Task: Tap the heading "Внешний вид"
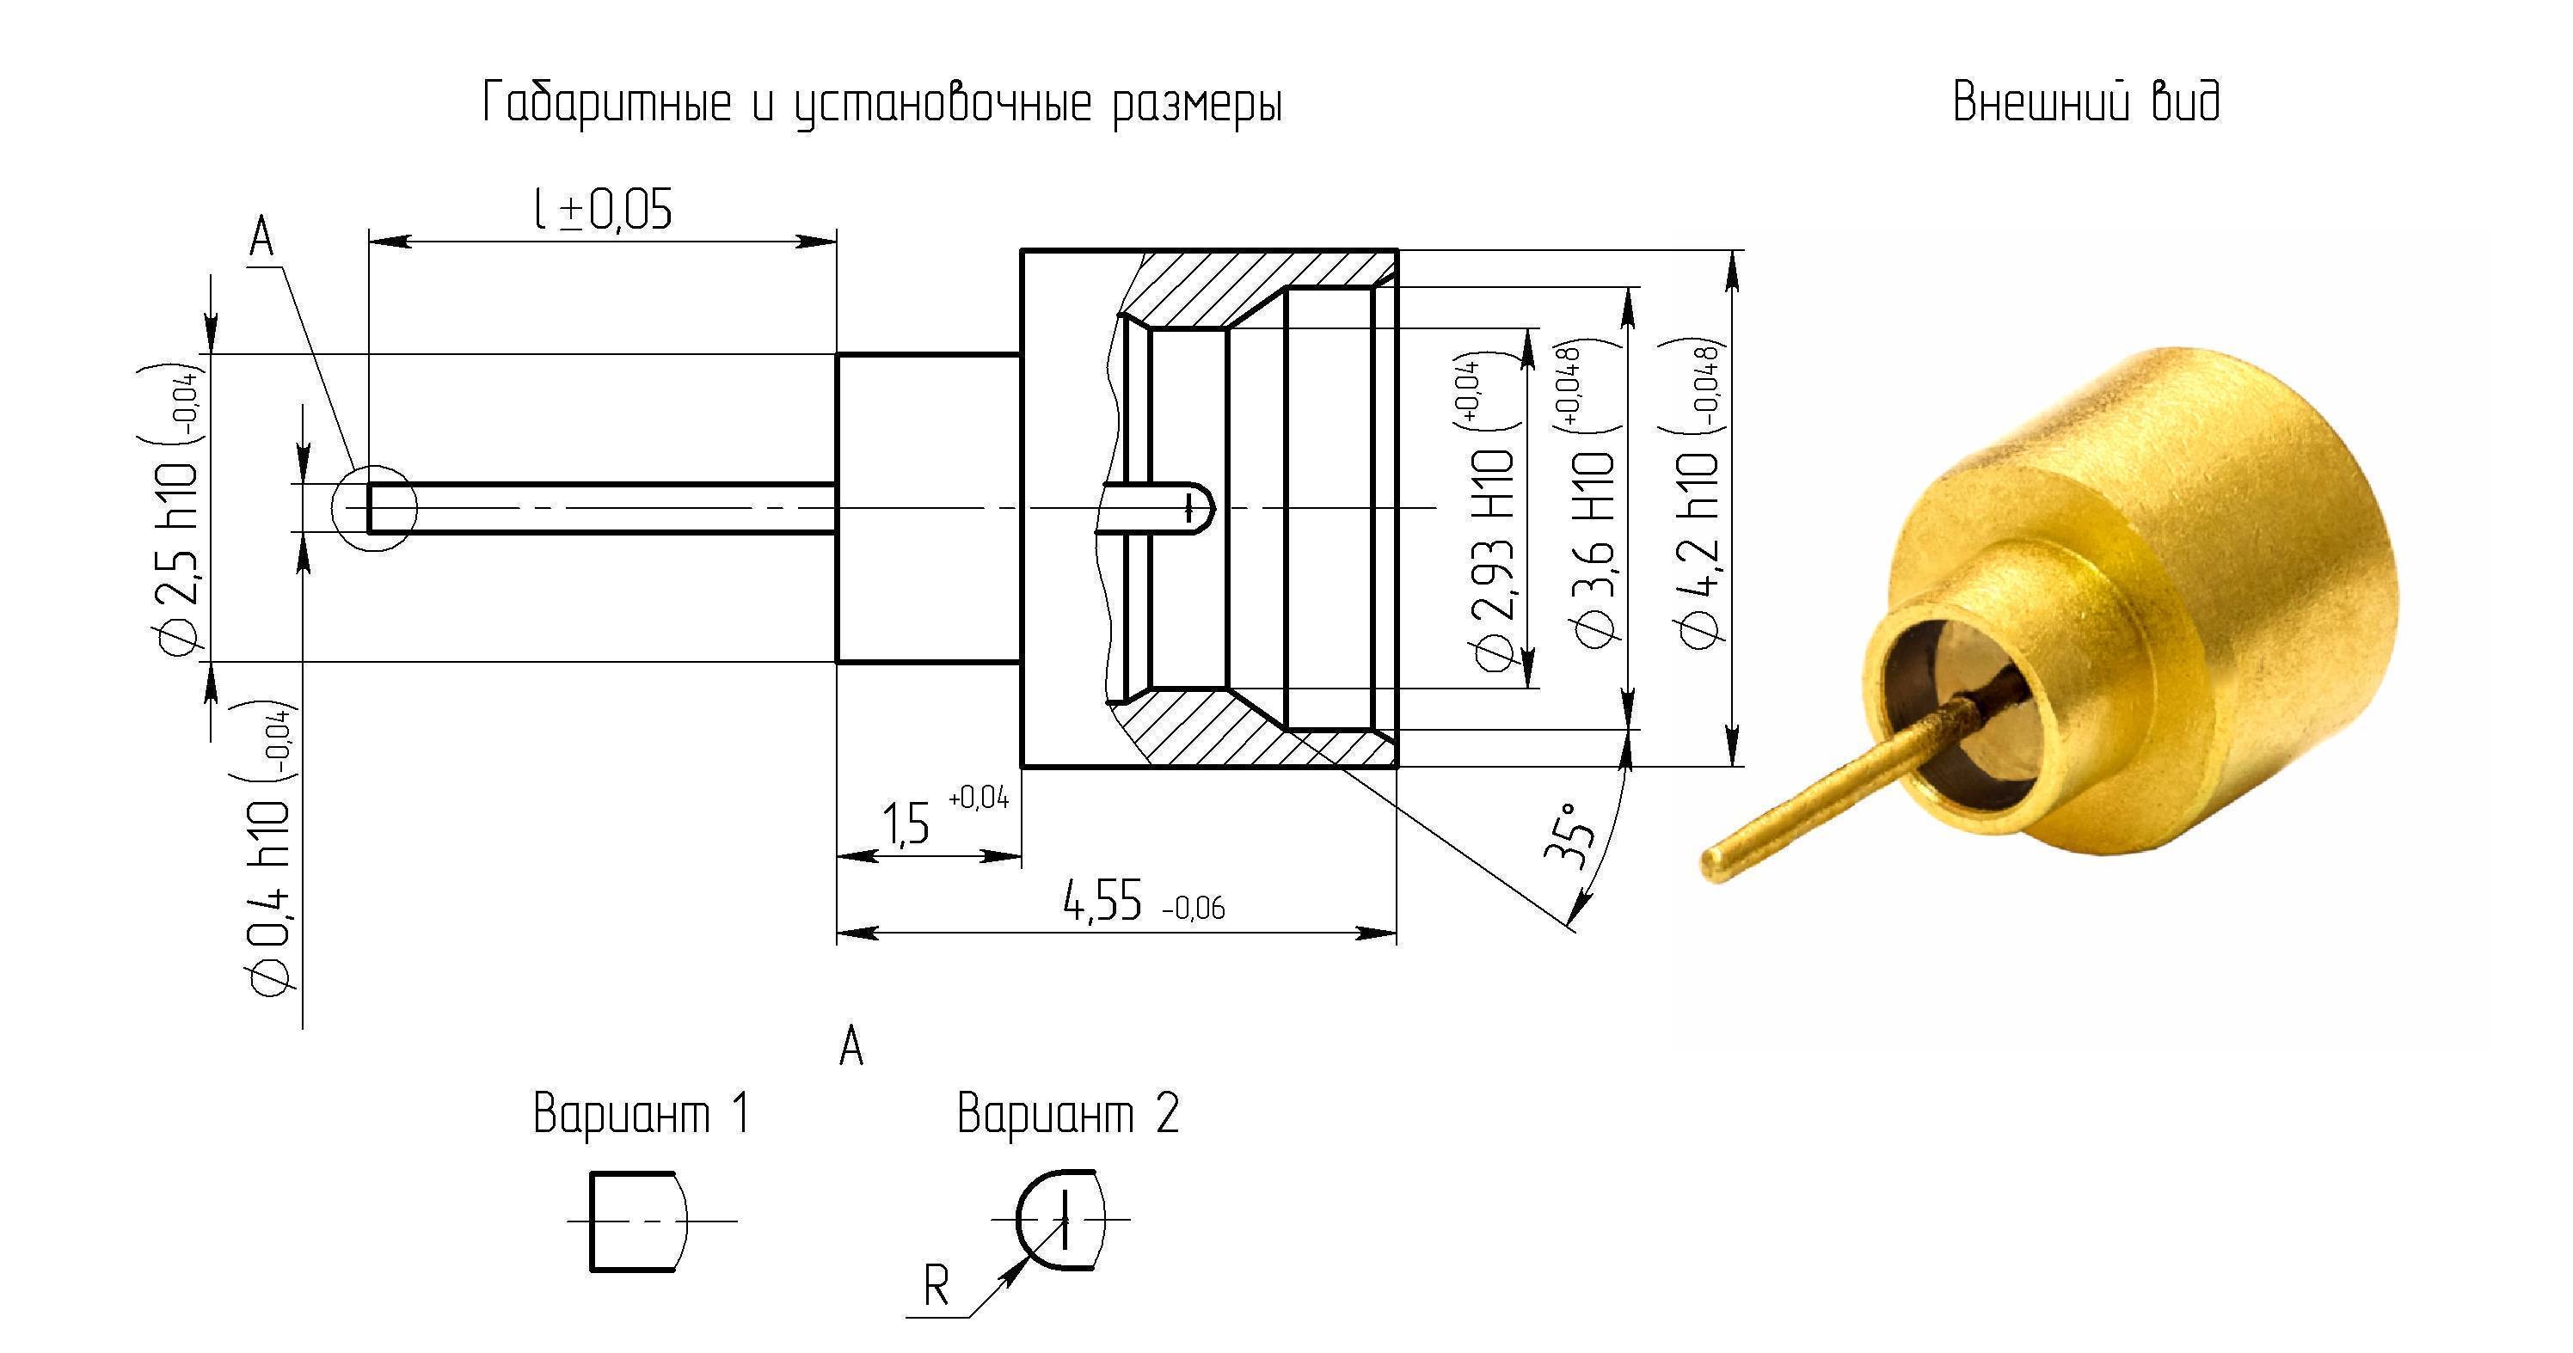(x=2086, y=101)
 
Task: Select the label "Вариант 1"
(x=642, y=1112)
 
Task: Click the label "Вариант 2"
(x=1068, y=1112)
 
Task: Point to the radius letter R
(x=936, y=1286)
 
